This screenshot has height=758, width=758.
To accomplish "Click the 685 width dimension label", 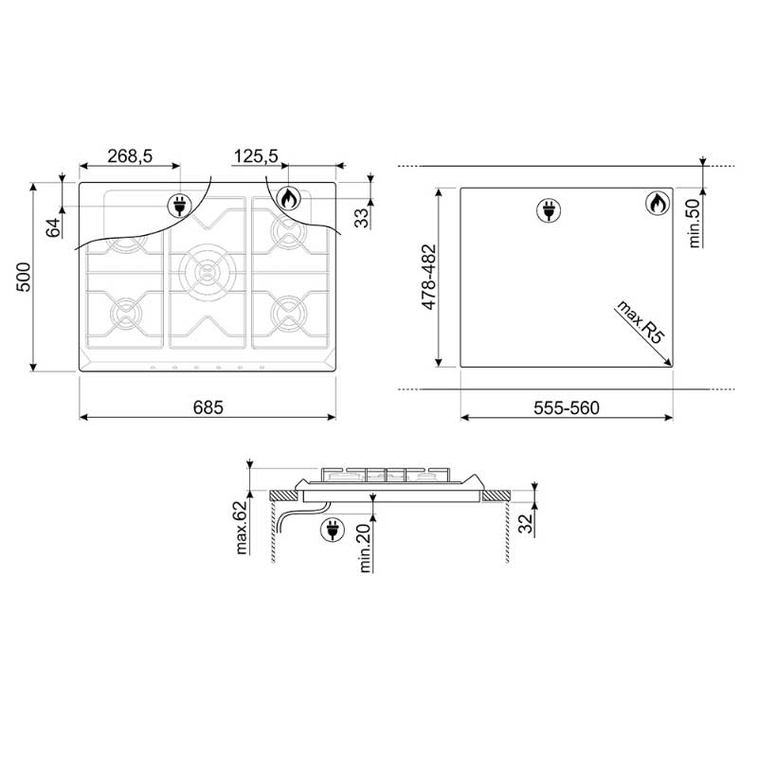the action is (208, 407).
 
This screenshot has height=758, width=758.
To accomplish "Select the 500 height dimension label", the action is (23, 277).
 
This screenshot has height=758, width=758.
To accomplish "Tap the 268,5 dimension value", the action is (130, 156).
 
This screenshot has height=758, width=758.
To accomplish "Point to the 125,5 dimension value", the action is (256, 156).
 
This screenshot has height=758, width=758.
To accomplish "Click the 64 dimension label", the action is (54, 227).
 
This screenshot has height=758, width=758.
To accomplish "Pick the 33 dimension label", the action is (362, 218).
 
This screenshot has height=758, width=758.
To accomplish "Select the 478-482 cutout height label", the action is (429, 277).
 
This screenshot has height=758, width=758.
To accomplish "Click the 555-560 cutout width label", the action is (566, 408).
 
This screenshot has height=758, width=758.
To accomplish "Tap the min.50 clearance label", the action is (695, 224).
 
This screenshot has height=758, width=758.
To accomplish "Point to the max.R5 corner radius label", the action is (641, 322).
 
